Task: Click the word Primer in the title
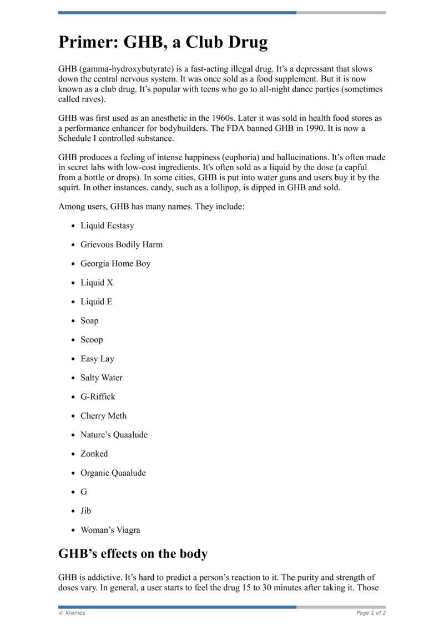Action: pos(87,43)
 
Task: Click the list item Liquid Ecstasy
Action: pos(107,226)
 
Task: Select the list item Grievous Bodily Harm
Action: pos(122,244)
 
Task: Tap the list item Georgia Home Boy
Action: pos(115,264)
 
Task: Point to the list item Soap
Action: pos(89,321)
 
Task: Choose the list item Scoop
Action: pos(92,340)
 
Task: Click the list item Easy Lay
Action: pos(97,359)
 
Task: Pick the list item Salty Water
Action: pos(102,378)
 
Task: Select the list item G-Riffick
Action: pos(98,397)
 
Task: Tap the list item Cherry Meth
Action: pos(103,416)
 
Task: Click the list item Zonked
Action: pos(94,453)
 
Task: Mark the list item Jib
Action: pos(85,511)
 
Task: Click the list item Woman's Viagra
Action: pos(110,530)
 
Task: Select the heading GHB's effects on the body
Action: pos(133,554)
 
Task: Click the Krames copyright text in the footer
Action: pos(72,613)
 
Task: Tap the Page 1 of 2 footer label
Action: pos(371,613)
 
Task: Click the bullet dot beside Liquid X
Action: pos(73,283)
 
